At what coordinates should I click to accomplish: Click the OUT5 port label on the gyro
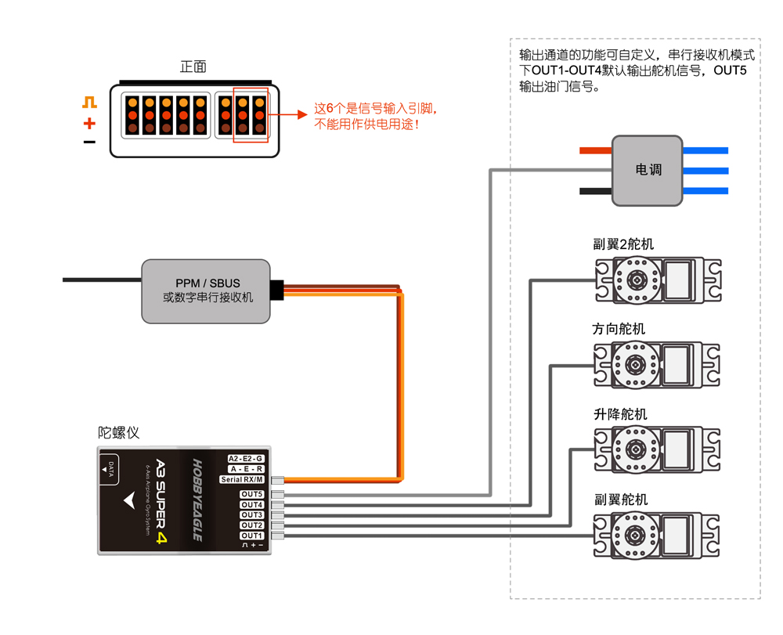[x=252, y=494]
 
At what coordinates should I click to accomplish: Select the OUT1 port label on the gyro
[x=252, y=536]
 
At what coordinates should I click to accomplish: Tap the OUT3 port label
[x=252, y=514]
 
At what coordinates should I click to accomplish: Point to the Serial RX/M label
[x=242, y=479]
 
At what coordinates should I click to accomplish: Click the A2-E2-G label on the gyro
[x=246, y=458]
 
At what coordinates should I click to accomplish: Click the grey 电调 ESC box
[x=648, y=170]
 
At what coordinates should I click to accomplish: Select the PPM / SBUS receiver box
[x=206, y=291]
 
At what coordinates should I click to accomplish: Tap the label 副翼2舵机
[x=623, y=244]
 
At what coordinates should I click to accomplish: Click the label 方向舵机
[x=619, y=329]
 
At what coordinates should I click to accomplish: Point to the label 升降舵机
[x=620, y=414]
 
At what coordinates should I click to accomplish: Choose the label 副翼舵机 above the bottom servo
[x=621, y=500]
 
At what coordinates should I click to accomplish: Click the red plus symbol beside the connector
[x=89, y=123]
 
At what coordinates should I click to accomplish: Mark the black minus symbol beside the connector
[x=89, y=143]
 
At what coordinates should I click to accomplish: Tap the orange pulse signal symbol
[x=89, y=103]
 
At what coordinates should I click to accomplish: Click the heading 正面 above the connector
[x=193, y=67]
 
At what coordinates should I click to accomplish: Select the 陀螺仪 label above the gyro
[x=119, y=432]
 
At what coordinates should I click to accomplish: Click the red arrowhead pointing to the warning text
[x=302, y=115]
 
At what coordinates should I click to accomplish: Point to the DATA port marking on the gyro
[x=109, y=469]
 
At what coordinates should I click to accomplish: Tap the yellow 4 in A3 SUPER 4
[x=161, y=538]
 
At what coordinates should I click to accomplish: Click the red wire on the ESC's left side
[x=596, y=150]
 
